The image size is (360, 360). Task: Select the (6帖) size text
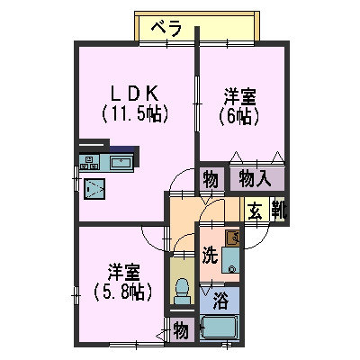click(x=238, y=114)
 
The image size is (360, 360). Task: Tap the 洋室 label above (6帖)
click(x=238, y=93)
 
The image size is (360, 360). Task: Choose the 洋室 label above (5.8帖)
click(x=123, y=271)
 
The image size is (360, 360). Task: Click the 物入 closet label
click(x=256, y=178)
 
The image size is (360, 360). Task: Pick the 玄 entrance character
click(x=256, y=212)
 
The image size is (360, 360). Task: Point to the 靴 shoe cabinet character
click(x=277, y=212)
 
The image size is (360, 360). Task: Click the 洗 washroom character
click(x=209, y=255)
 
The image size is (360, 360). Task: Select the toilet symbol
click(x=181, y=290)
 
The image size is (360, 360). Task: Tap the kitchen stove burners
click(x=92, y=163)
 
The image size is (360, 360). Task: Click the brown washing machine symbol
click(x=233, y=238)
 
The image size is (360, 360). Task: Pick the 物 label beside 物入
click(x=211, y=178)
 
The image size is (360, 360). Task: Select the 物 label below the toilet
click(x=181, y=330)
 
